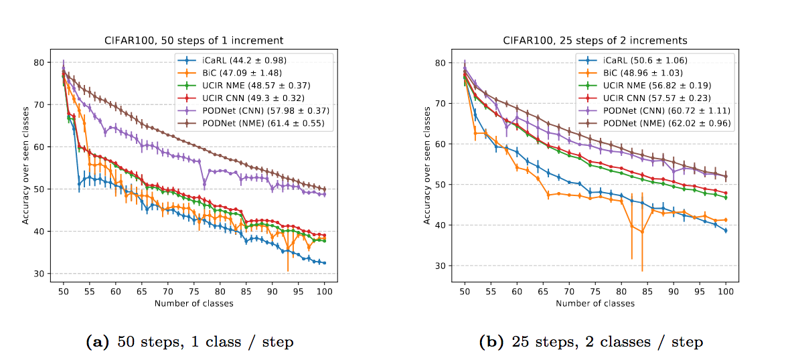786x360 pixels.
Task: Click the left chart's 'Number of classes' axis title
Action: [x=193, y=303]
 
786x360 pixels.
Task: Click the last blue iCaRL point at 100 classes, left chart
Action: [x=325, y=263]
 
